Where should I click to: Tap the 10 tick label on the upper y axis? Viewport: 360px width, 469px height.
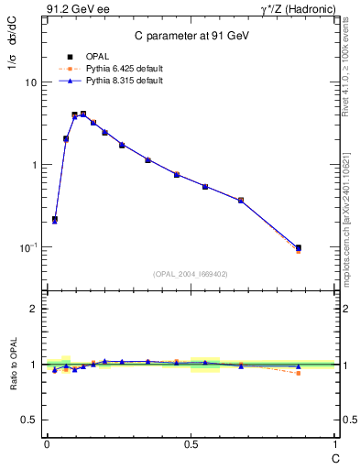pos(30,82)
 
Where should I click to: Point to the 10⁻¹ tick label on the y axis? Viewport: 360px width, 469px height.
pos(28,248)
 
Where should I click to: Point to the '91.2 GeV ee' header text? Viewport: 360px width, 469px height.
pos(72,11)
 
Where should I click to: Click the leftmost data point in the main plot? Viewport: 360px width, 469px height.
pos(55,220)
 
